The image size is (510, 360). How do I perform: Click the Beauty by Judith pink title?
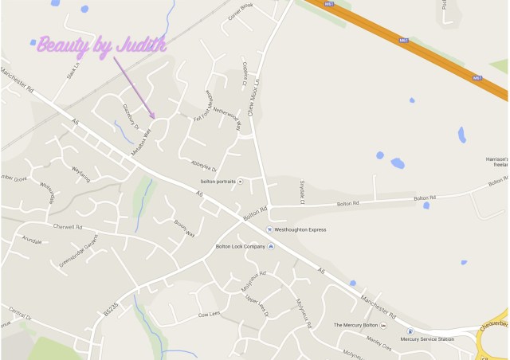pyautogui.click(x=101, y=45)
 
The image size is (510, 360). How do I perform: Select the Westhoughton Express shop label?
pyautogui.click(x=304, y=229)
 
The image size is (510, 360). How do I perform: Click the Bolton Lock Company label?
pyautogui.click(x=240, y=246)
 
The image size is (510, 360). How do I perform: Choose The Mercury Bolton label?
pyautogui.click(x=355, y=325)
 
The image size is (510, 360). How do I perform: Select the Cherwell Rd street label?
pyautogui.click(x=68, y=226)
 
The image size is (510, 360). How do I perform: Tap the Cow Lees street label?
pyautogui.click(x=208, y=315)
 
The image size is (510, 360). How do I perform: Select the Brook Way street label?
pyautogui.click(x=185, y=228)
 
